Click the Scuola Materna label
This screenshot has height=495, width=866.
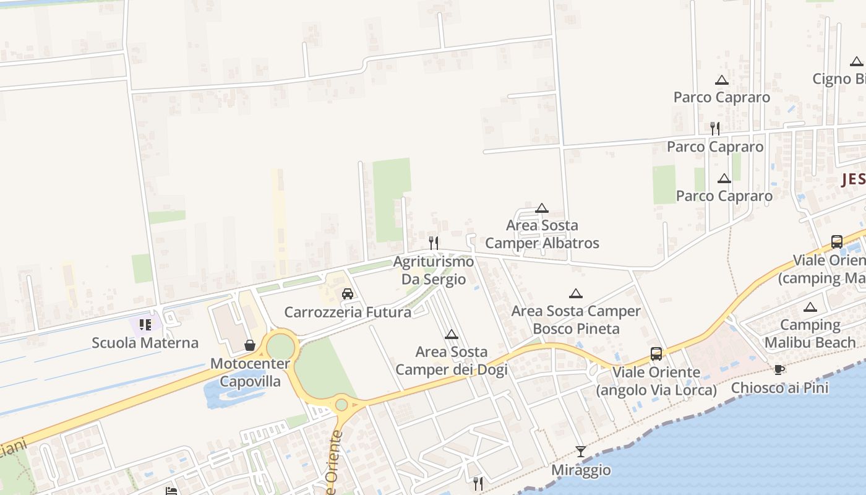click(145, 343)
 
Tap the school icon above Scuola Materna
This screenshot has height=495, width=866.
click(145, 324)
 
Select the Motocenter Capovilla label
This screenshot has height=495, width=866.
click(246, 372)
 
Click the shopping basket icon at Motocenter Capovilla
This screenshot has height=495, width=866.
click(250, 345)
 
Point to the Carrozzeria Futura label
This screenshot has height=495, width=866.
click(348, 312)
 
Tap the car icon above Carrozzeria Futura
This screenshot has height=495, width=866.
click(348, 294)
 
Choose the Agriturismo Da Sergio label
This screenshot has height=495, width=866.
click(434, 270)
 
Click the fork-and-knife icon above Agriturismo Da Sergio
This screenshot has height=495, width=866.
click(434, 242)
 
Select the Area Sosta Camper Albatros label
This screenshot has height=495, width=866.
click(542, 235)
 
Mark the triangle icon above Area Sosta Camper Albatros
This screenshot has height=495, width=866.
click(542, 208)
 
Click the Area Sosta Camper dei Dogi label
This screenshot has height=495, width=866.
click(452, 361)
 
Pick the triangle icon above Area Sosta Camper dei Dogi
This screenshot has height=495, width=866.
click(452, 335)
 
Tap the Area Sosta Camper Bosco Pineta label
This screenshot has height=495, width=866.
click(576, 320)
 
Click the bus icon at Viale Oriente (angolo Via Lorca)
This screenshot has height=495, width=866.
click(656, 354)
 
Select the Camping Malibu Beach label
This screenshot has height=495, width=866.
click(810, 334)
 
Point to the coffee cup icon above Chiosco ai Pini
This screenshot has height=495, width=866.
click(779, 369)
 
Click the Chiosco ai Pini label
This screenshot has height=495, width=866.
click(779, 388)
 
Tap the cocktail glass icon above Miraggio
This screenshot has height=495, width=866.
click(581, 451)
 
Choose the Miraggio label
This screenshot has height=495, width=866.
click(581, 470)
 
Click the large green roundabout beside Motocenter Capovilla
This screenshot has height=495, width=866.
click(280, 347)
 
